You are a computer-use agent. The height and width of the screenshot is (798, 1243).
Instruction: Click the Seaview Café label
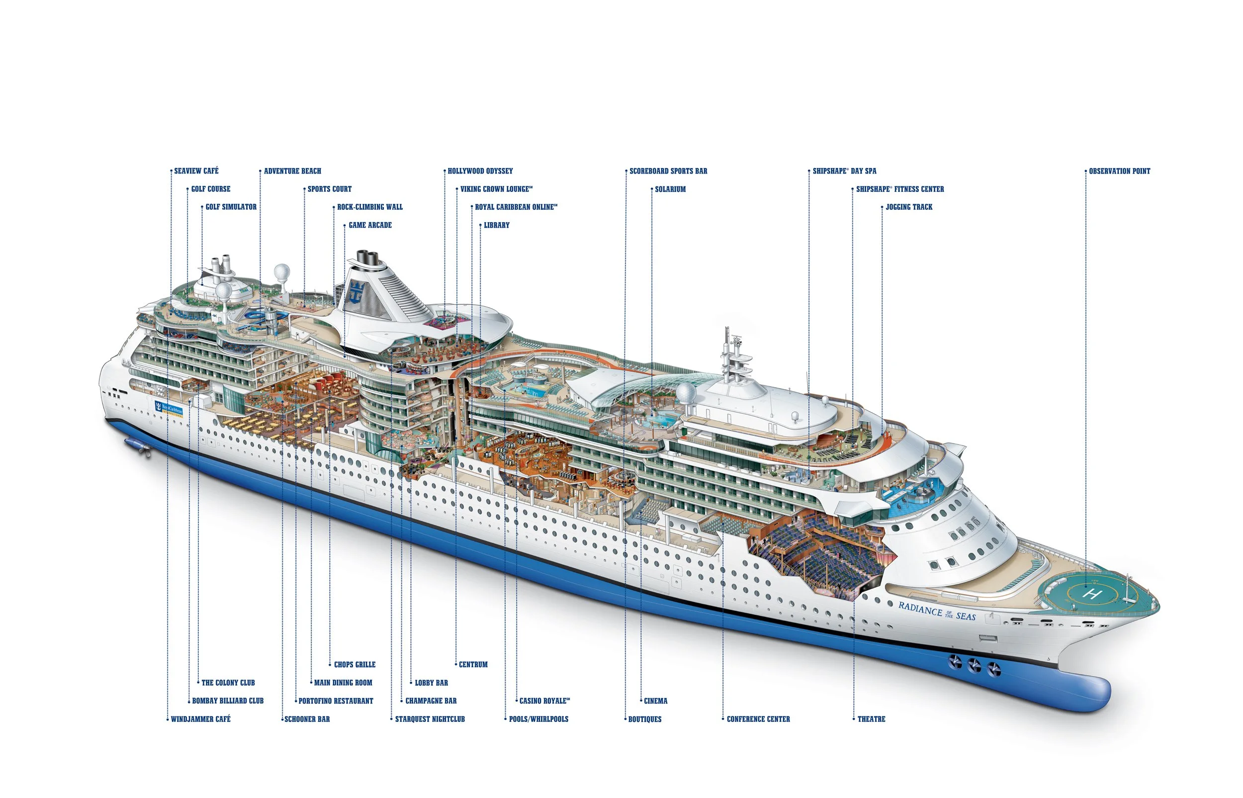click(196, 171)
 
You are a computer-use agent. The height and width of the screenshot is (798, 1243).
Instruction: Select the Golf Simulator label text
click(231, 207)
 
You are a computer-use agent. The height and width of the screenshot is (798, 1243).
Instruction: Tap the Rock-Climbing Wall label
click(370, 207)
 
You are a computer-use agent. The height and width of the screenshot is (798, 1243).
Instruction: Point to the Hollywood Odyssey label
click(480, 171)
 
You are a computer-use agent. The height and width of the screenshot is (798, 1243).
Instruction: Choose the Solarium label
click(670, 189)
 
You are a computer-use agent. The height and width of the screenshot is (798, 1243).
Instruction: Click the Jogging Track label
click(909, 207)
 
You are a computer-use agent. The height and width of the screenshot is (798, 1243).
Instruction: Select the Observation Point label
click(1119, 171)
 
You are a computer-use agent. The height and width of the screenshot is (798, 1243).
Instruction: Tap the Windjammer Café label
click(201, 719)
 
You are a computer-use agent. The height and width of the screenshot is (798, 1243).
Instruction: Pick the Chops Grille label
click(355, 664)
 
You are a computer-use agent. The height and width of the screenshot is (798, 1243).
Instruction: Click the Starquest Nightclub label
click(430, 719)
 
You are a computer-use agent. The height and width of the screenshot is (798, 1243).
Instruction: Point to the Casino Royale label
click(544, 701)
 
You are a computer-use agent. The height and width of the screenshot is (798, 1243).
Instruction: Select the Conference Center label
click(759, 719)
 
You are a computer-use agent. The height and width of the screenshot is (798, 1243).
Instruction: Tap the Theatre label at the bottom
click(872, 719)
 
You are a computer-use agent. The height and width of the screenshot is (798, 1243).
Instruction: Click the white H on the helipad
click(1092, 593)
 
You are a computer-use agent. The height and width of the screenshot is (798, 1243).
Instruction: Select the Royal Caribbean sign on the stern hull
click(169, 408)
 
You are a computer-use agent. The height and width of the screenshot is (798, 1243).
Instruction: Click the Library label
click(497, 225)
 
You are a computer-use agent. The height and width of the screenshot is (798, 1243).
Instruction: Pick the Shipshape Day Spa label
click(845, 171)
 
